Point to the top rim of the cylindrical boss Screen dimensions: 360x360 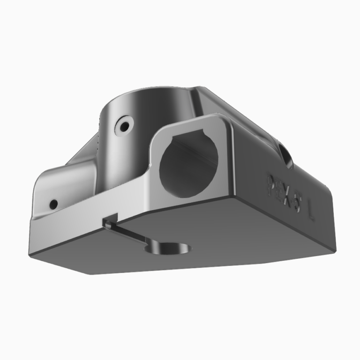click(x=150, y=91)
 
